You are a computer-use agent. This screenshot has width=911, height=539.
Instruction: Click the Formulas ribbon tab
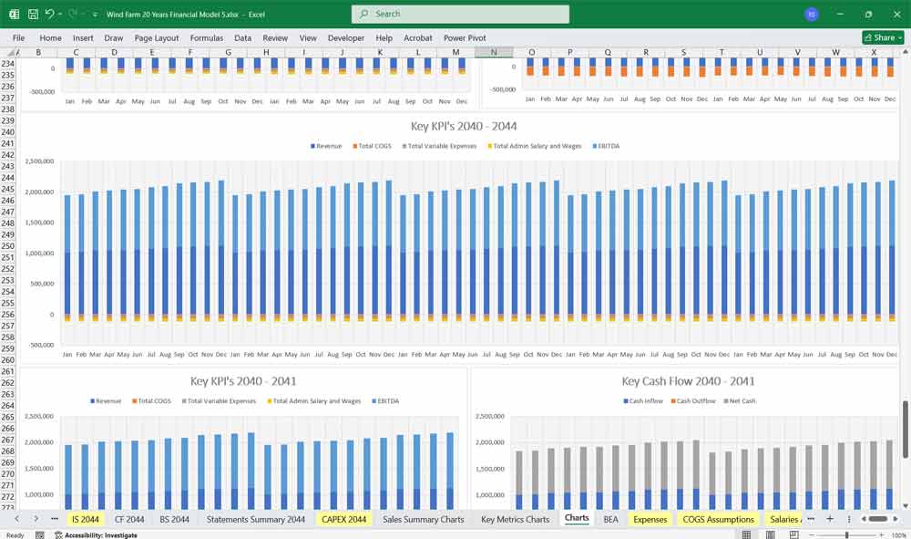(x=207, y=38)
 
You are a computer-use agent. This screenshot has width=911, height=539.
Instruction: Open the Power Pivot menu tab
(x=465, y=38)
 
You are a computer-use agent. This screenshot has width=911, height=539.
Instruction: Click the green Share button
(x=883, y=37)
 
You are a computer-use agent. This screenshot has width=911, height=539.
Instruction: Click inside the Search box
(x=460, y=14)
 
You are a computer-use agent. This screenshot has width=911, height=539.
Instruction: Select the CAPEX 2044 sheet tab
(x=343, y=519)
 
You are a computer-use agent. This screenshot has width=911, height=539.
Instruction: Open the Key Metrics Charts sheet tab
(x=515, y=519)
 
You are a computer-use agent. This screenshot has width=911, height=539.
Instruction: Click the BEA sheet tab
(x=610, y=519)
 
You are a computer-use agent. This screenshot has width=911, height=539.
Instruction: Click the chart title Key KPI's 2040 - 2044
(x=465, y=126)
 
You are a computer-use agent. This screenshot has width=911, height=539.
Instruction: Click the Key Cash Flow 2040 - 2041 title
(x=688, y=381)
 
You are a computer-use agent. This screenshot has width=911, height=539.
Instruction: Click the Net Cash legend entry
(x=740, y=401)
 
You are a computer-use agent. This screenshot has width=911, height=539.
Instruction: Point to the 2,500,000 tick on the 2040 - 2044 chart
(x=39, y=161)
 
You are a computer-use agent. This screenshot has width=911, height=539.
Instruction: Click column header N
(x=494, y=52)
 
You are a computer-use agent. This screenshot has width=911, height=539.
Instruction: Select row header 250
(x=8, y=246)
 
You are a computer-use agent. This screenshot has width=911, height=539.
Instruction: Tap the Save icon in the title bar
(x=33, y=15)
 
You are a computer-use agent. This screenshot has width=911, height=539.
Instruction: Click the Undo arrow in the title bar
(x=49, y=15)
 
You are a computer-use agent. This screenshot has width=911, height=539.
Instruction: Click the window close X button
(x=894, y=14)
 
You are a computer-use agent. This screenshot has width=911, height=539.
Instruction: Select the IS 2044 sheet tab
(x=85, y=519)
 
